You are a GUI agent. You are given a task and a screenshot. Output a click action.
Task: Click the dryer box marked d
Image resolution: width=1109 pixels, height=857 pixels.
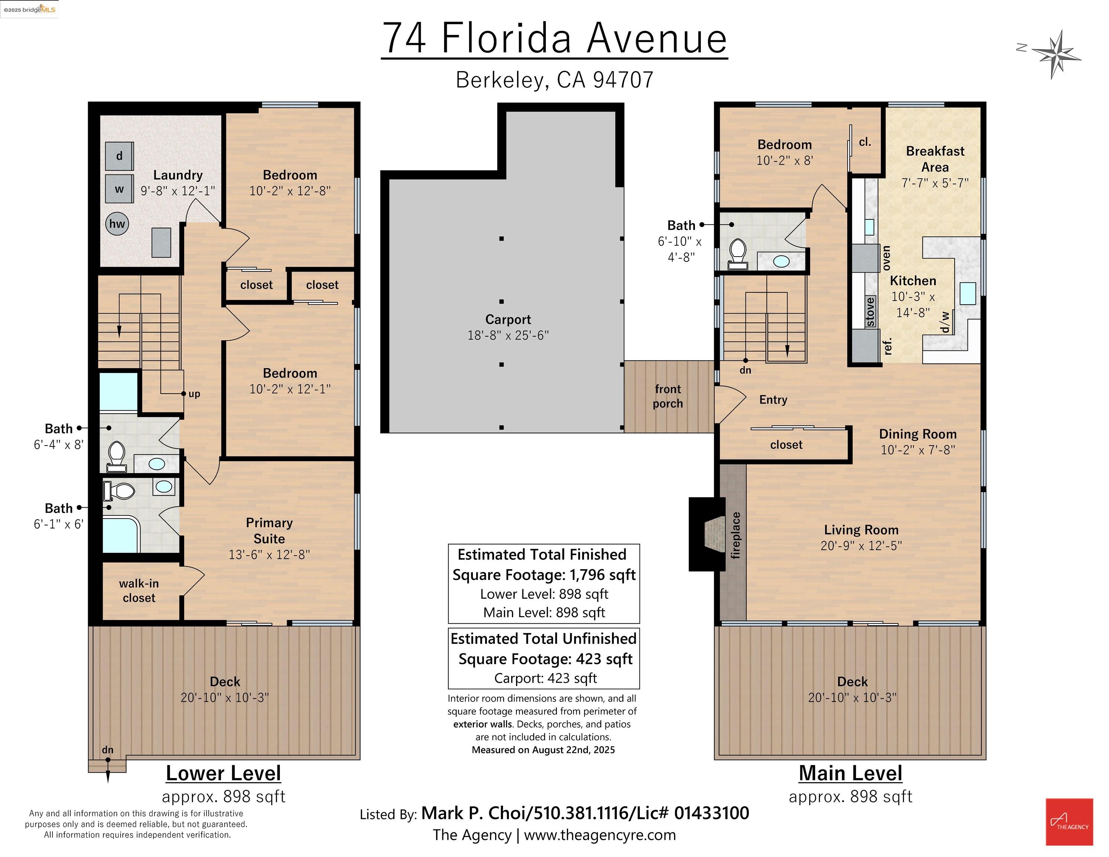119,156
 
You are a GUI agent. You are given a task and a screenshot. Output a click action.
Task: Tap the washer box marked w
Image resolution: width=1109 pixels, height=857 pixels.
119,189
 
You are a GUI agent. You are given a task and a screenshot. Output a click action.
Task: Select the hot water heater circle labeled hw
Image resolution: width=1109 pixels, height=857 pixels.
117,224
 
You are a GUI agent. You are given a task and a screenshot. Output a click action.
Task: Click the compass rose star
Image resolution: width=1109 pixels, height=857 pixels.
1056,54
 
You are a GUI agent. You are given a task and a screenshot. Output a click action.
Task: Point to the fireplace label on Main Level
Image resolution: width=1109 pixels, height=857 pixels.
736,535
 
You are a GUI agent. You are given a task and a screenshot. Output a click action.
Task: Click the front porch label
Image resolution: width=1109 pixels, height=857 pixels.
668,396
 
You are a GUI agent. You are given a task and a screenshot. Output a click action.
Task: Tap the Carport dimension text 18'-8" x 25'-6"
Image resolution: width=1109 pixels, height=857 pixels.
508,335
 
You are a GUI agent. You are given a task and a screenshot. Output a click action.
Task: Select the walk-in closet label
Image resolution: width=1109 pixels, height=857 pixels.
139,590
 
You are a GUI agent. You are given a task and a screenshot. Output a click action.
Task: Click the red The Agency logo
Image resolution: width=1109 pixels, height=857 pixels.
1070,821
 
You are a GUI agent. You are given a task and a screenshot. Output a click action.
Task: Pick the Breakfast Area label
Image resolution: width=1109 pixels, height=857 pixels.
935,159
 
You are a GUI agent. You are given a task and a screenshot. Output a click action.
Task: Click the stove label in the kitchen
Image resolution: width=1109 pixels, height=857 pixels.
870,312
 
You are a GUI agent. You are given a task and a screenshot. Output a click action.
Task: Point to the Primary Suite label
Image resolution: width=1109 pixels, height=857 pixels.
269,530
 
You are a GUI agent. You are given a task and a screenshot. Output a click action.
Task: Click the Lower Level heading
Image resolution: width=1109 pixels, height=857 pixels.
224,773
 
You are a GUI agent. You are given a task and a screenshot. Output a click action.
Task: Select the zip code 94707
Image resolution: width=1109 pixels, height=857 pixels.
623,80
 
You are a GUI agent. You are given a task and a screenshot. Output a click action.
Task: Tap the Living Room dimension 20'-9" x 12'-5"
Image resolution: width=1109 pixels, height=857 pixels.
861,546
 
